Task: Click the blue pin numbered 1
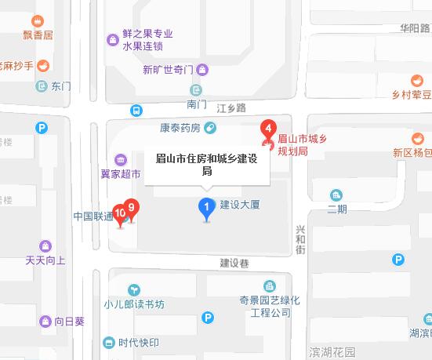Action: point(206,209)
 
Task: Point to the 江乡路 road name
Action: point(231,107)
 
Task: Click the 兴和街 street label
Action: point(300,239)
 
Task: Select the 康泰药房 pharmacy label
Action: point(180,128)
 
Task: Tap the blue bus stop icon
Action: point(136,111)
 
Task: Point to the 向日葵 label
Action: point(70,321)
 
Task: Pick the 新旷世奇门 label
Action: point(168,69)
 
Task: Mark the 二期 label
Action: point(337,209)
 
